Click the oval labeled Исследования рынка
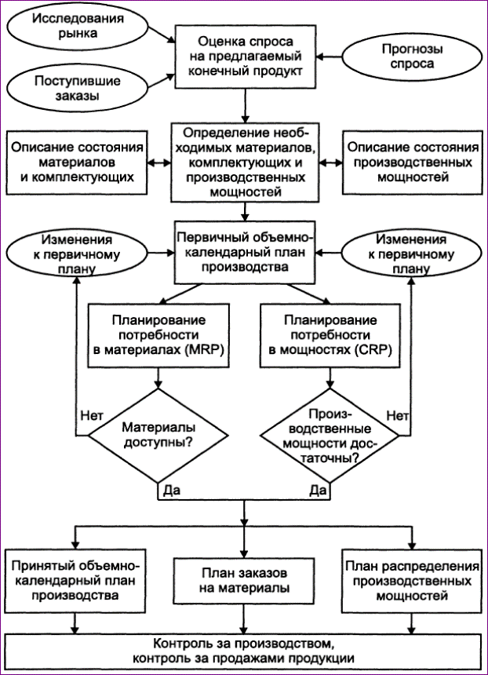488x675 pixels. [x=79, y=27]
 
